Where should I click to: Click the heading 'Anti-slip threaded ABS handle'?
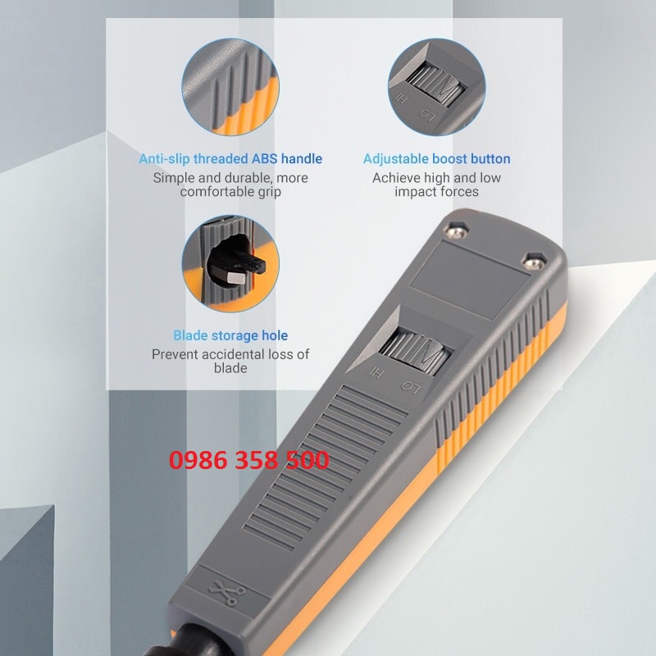click(230, 159)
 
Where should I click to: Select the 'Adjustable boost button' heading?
click(436, 159)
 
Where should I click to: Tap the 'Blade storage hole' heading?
click(230, 335)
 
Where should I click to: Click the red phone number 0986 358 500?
click(249, 460)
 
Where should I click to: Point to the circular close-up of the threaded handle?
click(230, 86)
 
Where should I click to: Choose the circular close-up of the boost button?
click(436, 86)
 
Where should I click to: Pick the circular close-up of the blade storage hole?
click(230, 262)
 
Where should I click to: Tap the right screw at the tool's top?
click(534, 261)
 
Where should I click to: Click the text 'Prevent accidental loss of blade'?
click(230, 361)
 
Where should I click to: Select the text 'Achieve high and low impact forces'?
click(436, 184)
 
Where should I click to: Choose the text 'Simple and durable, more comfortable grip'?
click(230, 184)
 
